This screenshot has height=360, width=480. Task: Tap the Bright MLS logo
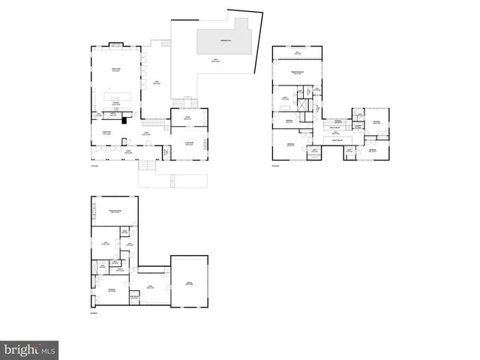[29, 350]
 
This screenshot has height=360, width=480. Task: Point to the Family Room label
[116, 70]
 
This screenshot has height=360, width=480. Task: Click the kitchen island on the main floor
[119, 97]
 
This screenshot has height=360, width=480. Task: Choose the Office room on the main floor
[187, 118]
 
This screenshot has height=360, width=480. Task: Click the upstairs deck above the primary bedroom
[298, 53]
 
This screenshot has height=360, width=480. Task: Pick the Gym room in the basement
[106, 243]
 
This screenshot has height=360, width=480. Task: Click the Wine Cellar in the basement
[135, 297]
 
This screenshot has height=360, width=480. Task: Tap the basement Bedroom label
[111, 289]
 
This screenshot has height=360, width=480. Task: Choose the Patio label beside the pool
[216, 61]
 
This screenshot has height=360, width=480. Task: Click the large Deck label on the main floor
[157, 82]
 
